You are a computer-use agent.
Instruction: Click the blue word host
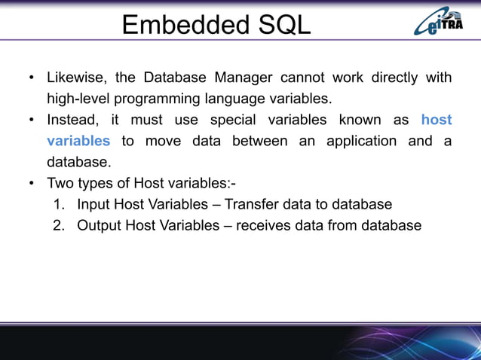(x=436, y=120)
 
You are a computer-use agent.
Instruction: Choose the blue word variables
(x=78, y=141)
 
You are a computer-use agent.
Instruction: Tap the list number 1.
(x=58, y=204)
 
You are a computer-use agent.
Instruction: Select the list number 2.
(x=58, y=225)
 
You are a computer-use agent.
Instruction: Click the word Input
(x=93, y=204)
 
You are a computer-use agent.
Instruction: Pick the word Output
(x=99, y=225)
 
